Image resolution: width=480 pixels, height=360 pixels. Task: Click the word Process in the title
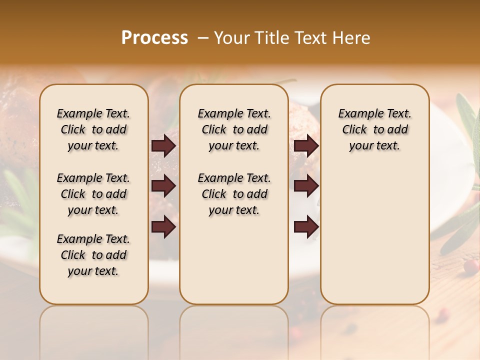click(154, 38)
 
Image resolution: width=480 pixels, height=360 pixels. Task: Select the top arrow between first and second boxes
click(163, 146)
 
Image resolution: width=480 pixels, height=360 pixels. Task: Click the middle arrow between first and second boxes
click(163, 186)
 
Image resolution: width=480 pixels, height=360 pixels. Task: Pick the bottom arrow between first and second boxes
click(163, 226)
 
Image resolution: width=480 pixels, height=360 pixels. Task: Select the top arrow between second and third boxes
click(306, 146)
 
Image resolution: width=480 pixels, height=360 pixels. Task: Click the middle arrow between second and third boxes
click(306, 186)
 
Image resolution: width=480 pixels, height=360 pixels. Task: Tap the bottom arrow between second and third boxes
click(306, 226)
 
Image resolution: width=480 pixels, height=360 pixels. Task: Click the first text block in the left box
click(93, 129)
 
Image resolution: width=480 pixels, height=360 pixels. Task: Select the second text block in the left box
click(93, 194)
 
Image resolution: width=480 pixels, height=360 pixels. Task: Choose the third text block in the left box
click(93, 255)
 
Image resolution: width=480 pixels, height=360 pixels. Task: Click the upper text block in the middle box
click(234, 129)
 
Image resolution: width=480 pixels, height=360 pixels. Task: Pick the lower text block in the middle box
click(234, 194)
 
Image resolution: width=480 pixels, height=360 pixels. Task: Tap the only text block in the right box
click(374, 129)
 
